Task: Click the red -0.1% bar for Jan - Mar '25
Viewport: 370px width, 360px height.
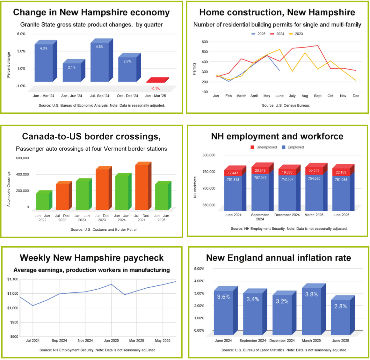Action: (157, 80)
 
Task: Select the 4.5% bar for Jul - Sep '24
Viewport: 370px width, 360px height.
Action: (100, 62)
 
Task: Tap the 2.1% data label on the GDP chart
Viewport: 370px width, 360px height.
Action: (71, 68)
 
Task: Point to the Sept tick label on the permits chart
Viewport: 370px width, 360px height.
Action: (318, 96)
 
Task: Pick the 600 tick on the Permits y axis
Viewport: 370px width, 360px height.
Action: (205, 42)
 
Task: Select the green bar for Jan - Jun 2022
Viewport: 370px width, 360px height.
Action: (43, 201)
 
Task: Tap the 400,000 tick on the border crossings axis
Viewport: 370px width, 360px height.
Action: (22, 175)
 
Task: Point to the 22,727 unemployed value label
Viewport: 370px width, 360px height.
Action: (314, 171)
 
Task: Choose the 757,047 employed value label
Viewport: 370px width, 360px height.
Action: (260, 178)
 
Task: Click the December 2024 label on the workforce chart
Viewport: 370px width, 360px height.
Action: (287, 215)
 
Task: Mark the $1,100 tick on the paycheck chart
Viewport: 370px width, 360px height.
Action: (13, 279)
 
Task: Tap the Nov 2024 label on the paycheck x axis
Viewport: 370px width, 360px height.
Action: (85, 341)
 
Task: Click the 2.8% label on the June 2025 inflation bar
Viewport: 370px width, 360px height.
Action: (340, 306)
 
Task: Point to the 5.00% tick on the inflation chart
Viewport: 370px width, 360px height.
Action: (199, 269)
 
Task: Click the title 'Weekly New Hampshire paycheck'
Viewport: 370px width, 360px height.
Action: (91, 258)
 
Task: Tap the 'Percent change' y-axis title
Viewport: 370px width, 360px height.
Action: (9, 65)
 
